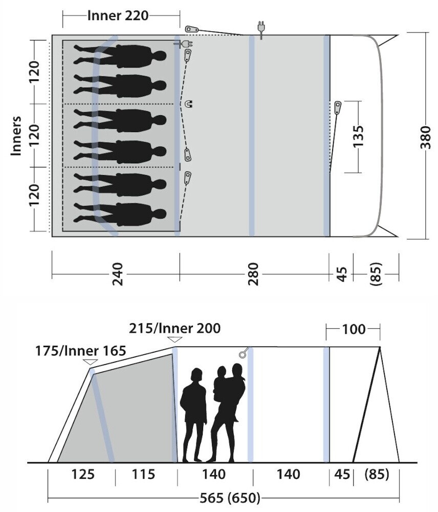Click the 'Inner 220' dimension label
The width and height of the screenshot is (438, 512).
[118, 15]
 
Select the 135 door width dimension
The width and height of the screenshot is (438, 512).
[358, 136]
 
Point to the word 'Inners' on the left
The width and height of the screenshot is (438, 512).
[16, 135]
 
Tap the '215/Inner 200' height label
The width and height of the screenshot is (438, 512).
[174, 328]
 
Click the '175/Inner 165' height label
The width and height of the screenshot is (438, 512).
[81, 352]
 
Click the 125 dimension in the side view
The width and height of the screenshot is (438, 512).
[83, 475]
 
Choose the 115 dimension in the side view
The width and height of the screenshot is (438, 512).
[143, 475]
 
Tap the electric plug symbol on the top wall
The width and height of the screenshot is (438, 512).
[261, 30]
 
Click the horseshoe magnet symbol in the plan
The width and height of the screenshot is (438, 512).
[189, 104]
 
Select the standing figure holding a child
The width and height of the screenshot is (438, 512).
[228, 410]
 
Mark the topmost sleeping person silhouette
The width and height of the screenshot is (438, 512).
[121, 55]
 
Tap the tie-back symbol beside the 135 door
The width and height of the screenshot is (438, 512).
[338, 108]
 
